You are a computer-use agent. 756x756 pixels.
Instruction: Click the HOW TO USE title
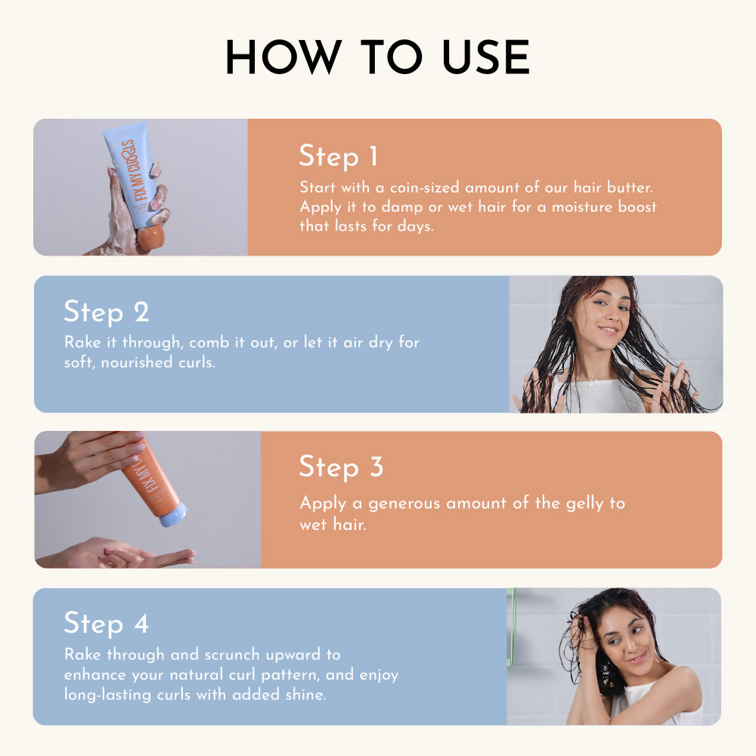377,57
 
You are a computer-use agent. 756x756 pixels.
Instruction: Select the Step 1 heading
337,156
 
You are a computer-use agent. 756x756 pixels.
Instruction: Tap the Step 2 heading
106,312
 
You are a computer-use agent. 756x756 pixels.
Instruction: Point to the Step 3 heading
341,467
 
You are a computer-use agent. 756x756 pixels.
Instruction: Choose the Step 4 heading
106,624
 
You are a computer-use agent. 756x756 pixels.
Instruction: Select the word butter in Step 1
632,187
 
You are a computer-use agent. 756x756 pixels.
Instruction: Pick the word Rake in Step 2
82,342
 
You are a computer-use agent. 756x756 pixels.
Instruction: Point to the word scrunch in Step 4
256,655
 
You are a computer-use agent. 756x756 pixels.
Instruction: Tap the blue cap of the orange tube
173,518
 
